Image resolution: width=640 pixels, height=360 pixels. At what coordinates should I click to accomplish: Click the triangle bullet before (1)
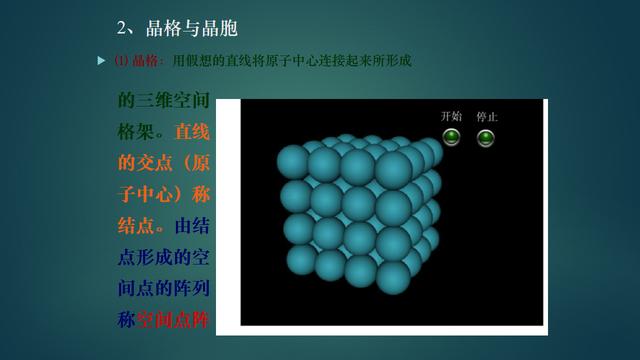click(x=100, y=61)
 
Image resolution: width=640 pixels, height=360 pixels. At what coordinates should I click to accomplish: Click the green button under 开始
click(x=451, y=137)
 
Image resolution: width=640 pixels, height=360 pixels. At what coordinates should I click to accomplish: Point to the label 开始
click(x=451, y=116)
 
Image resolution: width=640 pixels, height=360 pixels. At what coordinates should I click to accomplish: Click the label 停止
click(x=487, y=116)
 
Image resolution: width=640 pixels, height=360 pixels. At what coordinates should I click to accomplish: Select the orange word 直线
click(x=192, y=132)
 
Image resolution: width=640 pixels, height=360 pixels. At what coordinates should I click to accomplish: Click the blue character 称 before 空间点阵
click(x=127, y=321)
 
